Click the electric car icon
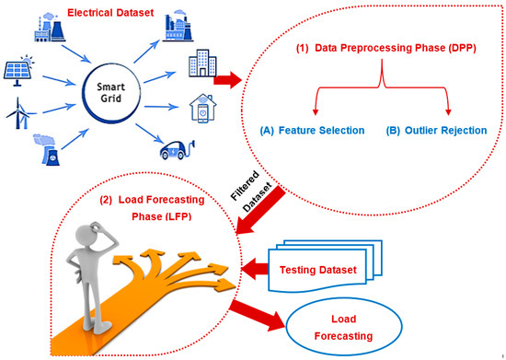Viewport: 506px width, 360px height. point(181,149)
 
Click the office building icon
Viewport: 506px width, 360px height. point(180,65)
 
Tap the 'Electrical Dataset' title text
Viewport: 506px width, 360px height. point(103,13)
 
